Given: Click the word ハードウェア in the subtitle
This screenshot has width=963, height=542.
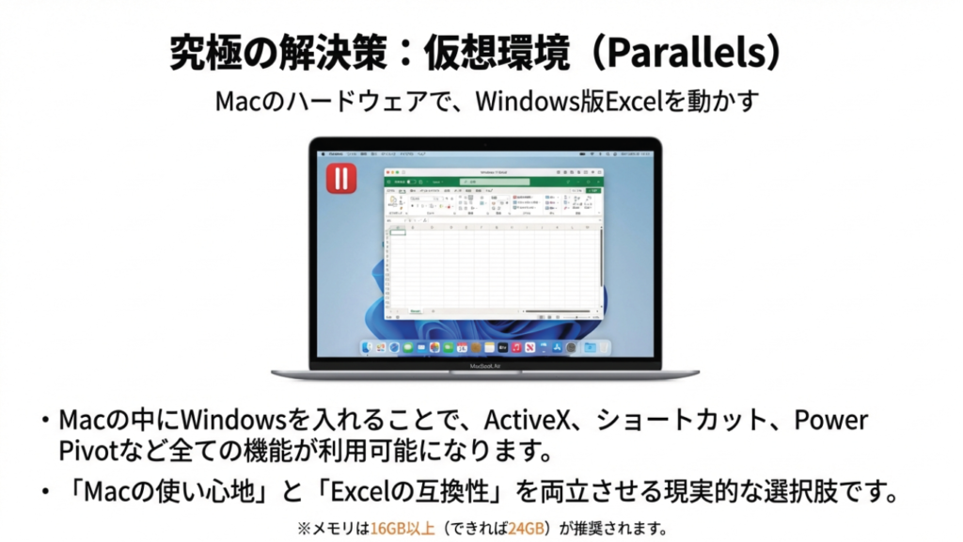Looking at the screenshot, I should coord(336,102).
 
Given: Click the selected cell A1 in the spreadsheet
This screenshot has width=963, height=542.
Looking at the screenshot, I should coord(399,231).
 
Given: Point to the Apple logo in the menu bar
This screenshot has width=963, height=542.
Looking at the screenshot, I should coord(323,151).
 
